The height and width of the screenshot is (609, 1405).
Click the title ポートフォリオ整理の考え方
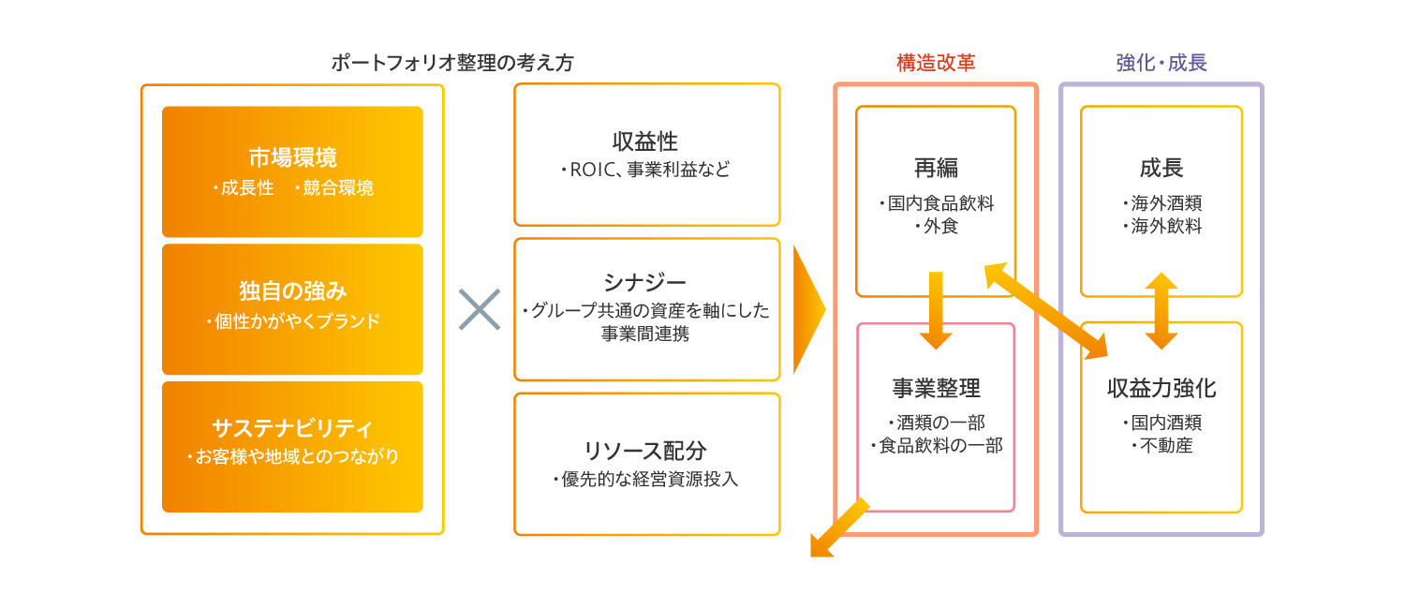click(452, 63)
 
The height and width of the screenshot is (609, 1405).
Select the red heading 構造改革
click(936, 63)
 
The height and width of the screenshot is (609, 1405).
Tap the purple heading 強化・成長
click(1161, 63)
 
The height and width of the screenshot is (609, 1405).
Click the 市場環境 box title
click(292, 157)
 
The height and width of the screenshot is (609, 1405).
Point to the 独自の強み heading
click(292, 290)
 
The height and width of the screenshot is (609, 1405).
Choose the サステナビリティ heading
click(292, 428)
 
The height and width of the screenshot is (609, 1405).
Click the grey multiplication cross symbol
click(480, 309)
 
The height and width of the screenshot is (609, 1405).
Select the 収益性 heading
click(645, 141)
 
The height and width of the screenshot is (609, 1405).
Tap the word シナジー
click(645, 282)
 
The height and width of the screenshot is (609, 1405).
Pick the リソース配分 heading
click(645, 450)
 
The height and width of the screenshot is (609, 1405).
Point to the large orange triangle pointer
click(807, 309)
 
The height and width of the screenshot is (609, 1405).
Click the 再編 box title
click(936, 169)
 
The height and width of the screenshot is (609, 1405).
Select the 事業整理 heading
click(936, 388)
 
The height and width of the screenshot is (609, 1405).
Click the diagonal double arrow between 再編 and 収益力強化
click(1045, 311)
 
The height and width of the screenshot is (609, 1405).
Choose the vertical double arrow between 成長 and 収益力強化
click(1161, 311)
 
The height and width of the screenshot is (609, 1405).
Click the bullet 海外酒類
click(1161, 203)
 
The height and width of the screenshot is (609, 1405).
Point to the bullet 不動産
click(1161, 446)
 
